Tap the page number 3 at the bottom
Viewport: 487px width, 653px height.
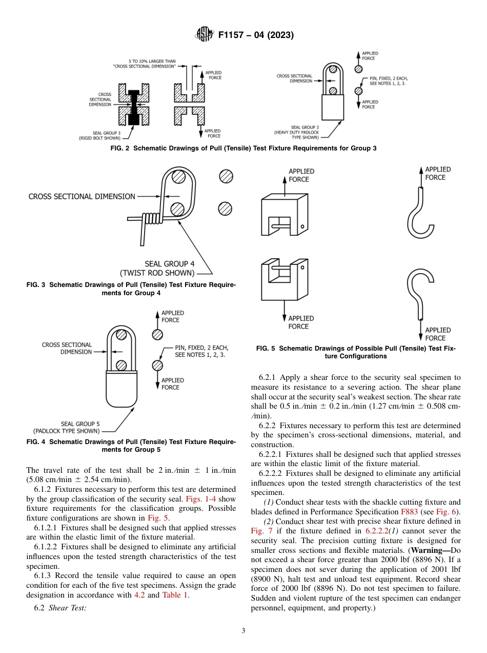(x=243, y=630)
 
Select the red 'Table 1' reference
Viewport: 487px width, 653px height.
(x=175, y=595)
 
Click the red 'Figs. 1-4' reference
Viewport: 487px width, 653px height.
(x=209, y=500)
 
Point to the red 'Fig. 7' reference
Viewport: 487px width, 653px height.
(x=260, y=530)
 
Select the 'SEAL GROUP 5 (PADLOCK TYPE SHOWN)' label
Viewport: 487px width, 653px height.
(x=67, y=427)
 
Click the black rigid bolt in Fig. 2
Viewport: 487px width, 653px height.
(x=133, y=107)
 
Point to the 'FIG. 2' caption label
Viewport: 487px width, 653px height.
(x=120, y=148)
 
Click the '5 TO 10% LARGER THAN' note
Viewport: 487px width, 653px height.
(x=152, y=61)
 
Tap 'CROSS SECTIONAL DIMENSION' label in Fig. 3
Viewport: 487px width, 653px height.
(x=82, y=196)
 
